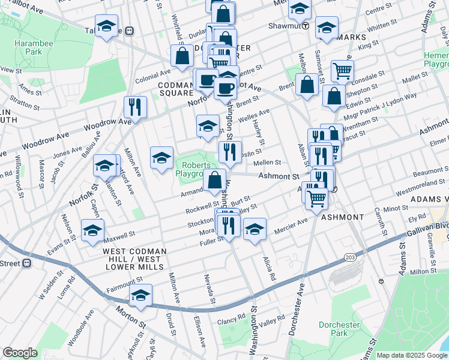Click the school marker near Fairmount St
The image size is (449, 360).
140,295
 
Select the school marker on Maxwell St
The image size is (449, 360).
92,230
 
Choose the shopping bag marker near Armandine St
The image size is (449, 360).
214,180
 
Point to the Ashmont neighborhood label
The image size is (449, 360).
342,217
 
